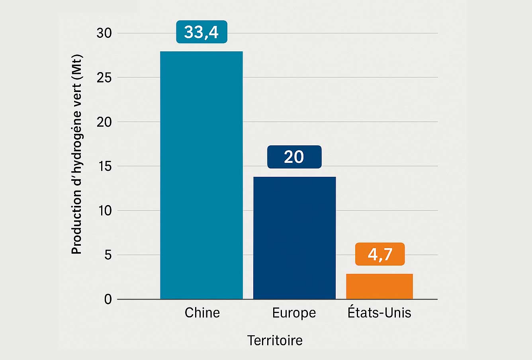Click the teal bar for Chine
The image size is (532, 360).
201,175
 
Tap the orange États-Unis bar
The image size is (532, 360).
379,286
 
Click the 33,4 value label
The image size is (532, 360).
201,32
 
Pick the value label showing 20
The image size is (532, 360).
294,157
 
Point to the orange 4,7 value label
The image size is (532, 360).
380,254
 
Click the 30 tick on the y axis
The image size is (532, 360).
104,33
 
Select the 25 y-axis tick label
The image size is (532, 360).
104,77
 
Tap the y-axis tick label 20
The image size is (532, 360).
104,122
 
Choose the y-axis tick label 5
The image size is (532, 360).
108,255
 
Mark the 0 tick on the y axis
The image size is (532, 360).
108,299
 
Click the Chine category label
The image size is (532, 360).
202,313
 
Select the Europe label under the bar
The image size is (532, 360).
294,313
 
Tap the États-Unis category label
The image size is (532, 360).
379,312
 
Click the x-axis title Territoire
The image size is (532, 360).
275,340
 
